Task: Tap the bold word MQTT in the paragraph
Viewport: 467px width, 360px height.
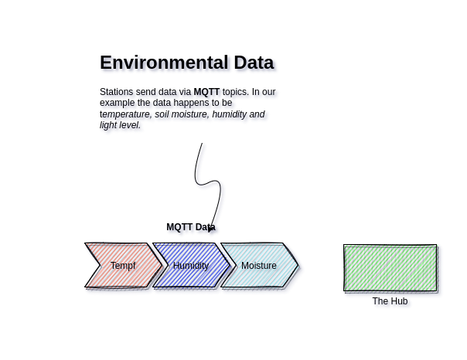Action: click(206, 92)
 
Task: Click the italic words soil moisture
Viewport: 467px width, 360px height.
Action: click(182, 114)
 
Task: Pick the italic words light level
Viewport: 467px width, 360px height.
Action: click(120, 125)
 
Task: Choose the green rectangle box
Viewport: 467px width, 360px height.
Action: click(390, 268)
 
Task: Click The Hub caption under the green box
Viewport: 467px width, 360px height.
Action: click(390, 301)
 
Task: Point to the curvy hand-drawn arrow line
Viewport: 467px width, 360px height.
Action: click(197, 174)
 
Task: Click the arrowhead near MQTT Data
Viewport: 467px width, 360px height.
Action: click(211, 229)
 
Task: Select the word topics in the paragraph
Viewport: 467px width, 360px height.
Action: click(236, 92)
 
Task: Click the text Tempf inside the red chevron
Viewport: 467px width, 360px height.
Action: click(123, 266)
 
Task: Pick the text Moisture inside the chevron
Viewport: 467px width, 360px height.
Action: click(259, 266)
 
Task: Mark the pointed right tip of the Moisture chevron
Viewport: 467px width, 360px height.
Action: click(298, 265)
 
